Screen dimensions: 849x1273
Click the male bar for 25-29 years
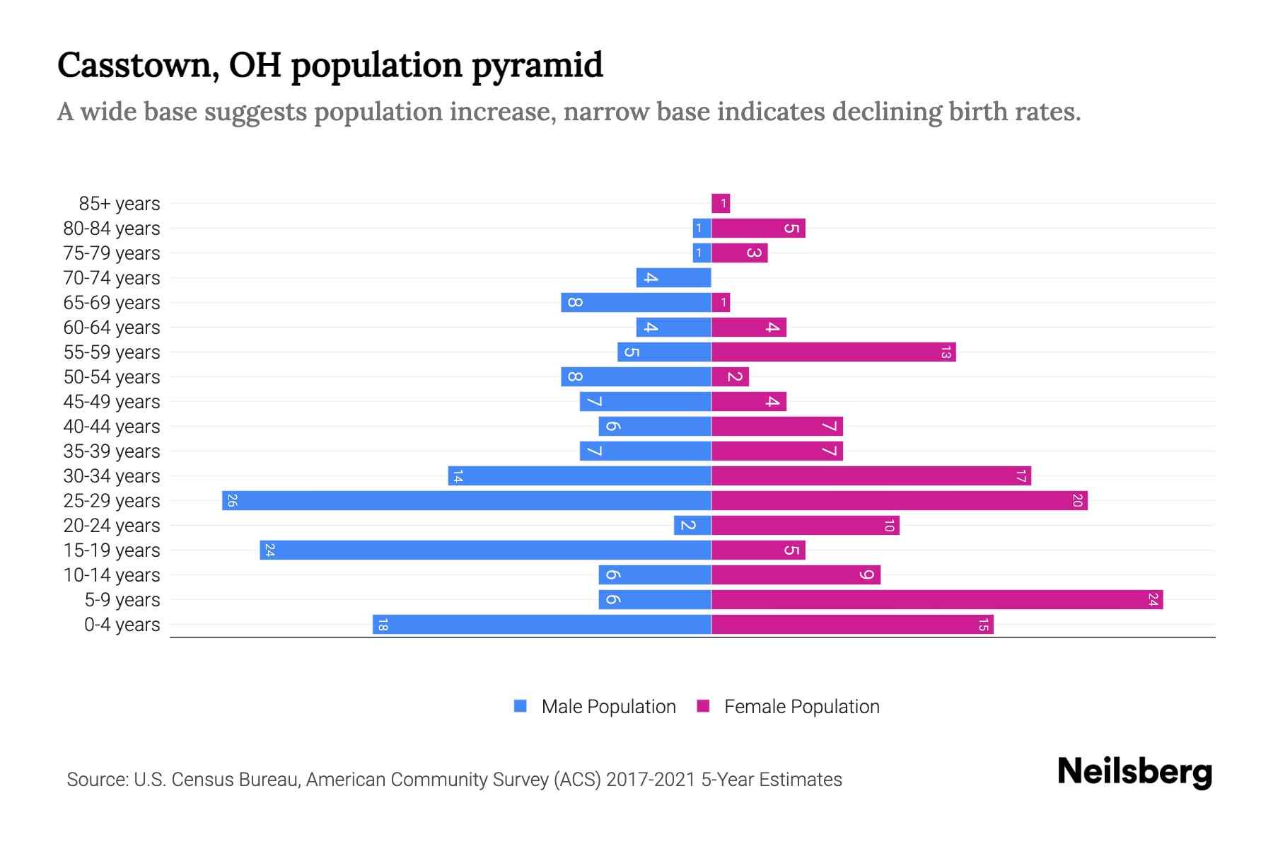(x=467, y=501)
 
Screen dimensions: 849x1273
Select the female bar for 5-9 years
(x=937, y=600)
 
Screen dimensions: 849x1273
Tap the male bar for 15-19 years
(x=485, y=550)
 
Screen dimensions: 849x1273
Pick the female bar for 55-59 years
(x=833, y=352)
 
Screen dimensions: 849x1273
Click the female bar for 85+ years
(x=721, y=204)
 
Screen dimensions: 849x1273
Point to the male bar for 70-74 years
(x=673, y=278)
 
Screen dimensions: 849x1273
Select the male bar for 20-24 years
(x=692, y=526)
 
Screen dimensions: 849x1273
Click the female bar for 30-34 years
(x=871, y=476)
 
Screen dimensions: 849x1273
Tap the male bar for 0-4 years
(x=542, y=625)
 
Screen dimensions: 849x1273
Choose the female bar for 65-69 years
(x=721, y=303)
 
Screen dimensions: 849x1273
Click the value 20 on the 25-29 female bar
(x=1077, y=501)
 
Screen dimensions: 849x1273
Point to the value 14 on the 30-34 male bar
(x=458, y=476)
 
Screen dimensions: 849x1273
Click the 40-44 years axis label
(x=112, y=427)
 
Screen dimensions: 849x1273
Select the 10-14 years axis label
(x=112, y=575)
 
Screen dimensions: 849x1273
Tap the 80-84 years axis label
(x=112, y=229)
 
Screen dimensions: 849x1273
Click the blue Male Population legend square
(x=521, y=706)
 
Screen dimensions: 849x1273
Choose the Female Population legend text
(x=801, y=707)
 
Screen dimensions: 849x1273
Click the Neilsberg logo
(x=1134, y=772)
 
